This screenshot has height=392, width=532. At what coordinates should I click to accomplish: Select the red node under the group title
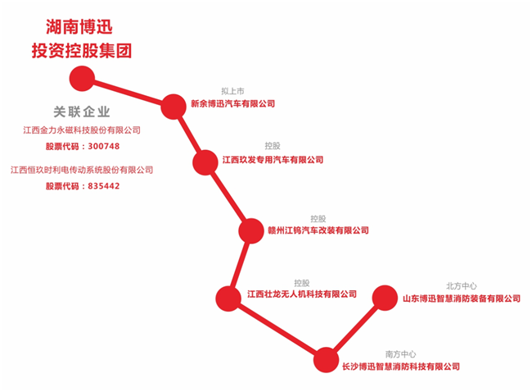(x=82, y=79)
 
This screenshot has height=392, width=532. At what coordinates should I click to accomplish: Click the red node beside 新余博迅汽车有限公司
(x=174, y=106)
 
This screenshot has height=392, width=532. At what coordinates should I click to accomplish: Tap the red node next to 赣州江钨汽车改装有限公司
(x=251, y=230)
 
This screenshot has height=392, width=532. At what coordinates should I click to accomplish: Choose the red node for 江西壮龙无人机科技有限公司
(x=228, y=296)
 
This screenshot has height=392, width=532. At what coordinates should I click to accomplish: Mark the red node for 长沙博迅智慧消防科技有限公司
(x=326, y=359)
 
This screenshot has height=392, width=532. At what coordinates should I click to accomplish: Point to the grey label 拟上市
(x=233, y=91)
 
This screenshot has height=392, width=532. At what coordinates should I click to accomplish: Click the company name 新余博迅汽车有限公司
(x=232, y=104)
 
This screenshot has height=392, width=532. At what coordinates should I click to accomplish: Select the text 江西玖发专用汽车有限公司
(x=273, y=160)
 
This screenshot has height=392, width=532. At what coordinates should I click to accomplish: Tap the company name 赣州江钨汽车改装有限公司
(x=318, y=230)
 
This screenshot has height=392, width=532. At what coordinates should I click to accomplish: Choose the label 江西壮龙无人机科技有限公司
(x=302, y=294)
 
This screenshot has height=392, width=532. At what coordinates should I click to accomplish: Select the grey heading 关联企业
(x=82, y=112)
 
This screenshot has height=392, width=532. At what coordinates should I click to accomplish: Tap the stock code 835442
(x=101, y=186)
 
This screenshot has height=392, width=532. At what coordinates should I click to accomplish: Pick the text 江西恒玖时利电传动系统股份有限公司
(x=82, y=170)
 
